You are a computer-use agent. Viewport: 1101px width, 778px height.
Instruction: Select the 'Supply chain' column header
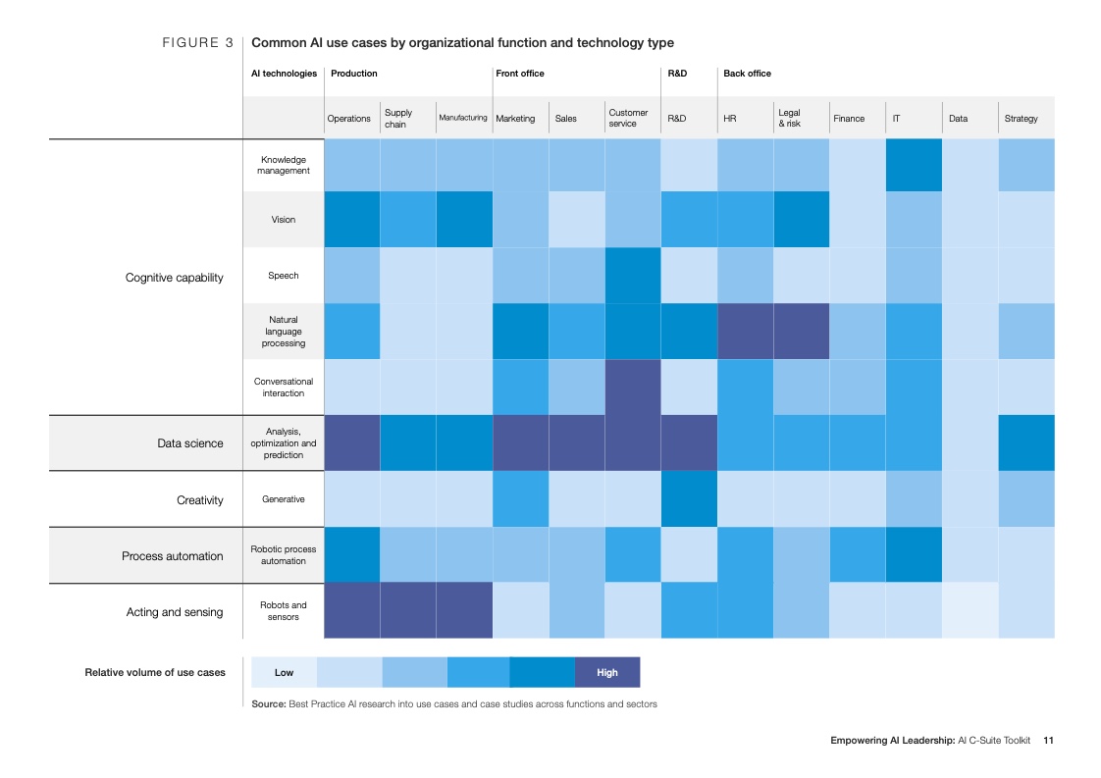click(398, 119)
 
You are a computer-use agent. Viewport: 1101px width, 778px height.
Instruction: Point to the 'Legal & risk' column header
click(790, 119)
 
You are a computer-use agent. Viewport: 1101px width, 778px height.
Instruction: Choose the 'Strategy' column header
click(1021, 119)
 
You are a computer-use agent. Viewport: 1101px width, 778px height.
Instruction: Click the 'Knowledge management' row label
click(284, 165)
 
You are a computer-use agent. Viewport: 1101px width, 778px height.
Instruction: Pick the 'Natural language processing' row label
click(284, 332)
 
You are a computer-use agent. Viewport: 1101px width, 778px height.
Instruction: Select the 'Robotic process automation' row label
click(284, 555)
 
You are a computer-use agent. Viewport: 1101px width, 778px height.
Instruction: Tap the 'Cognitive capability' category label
click(175, 278)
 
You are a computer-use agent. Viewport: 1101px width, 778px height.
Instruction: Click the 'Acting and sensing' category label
click(175, 612)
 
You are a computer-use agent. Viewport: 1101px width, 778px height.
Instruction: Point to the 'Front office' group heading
click(520, 74)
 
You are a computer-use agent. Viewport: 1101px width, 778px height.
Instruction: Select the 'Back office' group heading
click(747, 74)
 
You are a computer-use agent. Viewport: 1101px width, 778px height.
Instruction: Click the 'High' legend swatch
click(607, 672)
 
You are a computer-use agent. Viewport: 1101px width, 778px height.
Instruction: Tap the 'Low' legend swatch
click(284, 672)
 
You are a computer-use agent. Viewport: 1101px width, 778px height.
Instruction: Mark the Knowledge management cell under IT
click(914, 165)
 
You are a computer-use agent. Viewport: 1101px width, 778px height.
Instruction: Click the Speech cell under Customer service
click(633, 276)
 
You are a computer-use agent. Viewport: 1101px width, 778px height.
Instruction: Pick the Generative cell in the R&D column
click(689, 499)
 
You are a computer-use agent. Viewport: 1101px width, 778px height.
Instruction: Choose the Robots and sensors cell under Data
click(970, 611)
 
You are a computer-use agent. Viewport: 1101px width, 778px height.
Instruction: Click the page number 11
click(1048, 741)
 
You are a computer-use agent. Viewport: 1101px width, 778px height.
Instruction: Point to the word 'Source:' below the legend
click(268, 704)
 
